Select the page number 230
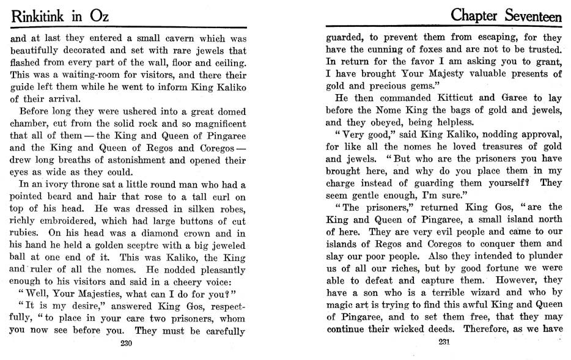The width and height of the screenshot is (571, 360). (x=127, y=342)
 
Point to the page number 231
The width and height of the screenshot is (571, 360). (x=444, y=342)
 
